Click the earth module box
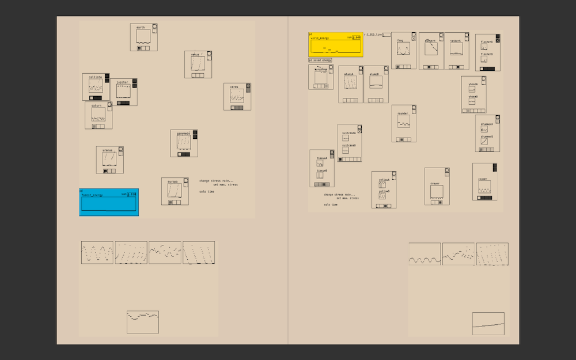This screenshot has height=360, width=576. point(143,37)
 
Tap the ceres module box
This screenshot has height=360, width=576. point(237,97)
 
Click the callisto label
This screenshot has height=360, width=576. point(95,77)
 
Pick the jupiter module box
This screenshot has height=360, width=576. point(124,92)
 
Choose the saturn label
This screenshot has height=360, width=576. point(96,106)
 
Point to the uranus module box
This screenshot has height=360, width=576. point(109,160)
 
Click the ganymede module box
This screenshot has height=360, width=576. point(184,143)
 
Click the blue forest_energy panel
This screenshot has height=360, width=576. point(109,202)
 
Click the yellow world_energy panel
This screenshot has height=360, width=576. point(336,45)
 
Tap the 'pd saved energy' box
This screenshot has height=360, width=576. point(320,60)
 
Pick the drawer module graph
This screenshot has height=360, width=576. point(437,192)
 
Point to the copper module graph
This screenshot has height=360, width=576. point(484,187)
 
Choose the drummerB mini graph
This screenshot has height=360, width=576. point(485,141)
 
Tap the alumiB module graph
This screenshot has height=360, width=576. point(376,82)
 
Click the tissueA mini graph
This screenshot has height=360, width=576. point(320,163)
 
